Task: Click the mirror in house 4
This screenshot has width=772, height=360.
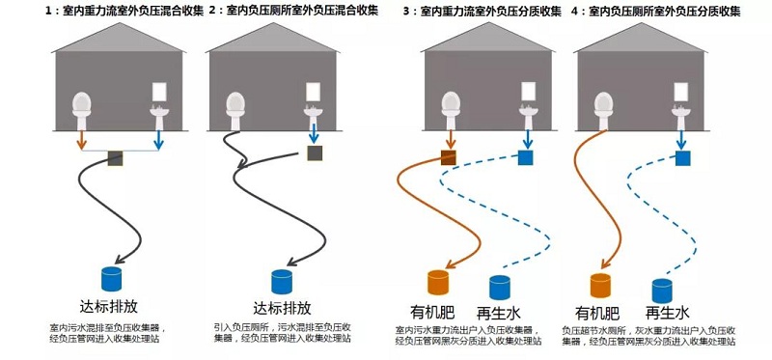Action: click(680, 92)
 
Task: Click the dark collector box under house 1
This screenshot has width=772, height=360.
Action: click(116, 156)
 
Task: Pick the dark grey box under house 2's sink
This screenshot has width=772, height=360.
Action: click(315, 153)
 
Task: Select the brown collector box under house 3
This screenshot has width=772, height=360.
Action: click(449, 157)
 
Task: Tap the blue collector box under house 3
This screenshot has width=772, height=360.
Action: click(526, 157)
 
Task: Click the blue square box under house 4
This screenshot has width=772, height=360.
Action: click(681, 156)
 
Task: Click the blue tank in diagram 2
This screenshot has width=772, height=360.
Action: click(282, 281)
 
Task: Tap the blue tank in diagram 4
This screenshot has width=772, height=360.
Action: click(662, 290)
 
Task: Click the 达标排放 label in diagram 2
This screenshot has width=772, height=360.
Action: click(282, 308)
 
